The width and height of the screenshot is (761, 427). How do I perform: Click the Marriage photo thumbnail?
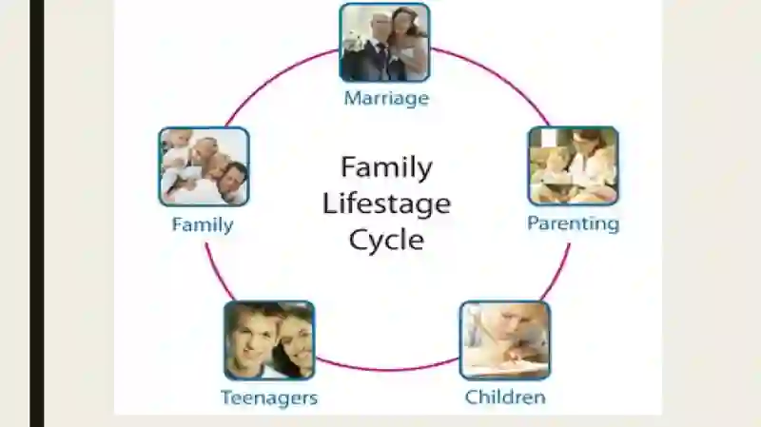(x=385, y=42)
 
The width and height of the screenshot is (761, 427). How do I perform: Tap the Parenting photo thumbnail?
(x=574, y=165)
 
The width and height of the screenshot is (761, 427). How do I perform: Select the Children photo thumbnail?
(x=505, y=340)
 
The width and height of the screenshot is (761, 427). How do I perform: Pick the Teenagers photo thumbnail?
(x=269, y=340)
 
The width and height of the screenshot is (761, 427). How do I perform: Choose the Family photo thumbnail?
(x=204, y=166)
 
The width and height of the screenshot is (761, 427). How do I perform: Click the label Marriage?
(x=387, y=99)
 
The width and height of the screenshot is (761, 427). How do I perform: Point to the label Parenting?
(x=574, y=224)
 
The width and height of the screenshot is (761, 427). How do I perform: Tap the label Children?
(x=505, y=398)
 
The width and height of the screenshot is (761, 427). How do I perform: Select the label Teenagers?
(x=269, y=398)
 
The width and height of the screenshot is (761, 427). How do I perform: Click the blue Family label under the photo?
(x=203, y=225)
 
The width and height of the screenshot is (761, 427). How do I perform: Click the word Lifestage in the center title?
(x=387, y=204)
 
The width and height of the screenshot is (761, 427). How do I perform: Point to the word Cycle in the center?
(x=387, y=240)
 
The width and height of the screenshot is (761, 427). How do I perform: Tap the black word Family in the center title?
(x=387, y=168)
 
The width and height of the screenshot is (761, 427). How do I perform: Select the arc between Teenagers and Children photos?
(x=387, y=370)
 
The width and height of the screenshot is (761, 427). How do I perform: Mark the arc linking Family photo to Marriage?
(x=277, y=79)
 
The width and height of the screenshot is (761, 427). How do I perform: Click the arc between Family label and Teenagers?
(x=218, y=273)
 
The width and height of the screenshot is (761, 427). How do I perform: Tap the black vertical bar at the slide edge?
(x=37, y=213)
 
